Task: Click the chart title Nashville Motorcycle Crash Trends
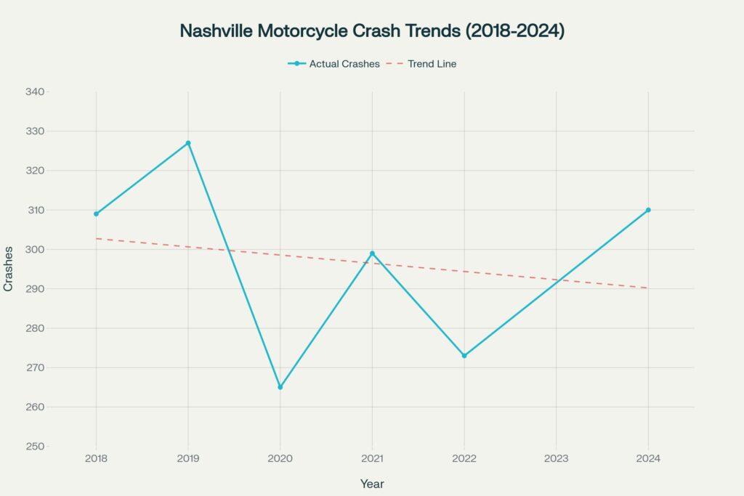click(371, 31)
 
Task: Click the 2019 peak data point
click(188, 143)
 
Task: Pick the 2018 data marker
click(96, 214)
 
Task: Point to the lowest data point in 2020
click(280, 387)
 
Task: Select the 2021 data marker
click(372, 253)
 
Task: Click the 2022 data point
click(464, 356)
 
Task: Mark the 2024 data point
click(648, 210)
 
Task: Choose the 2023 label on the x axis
click(556, 458)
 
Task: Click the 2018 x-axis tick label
click(96, 458)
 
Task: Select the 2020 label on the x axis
click(280, 458)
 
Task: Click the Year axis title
click(372, 484)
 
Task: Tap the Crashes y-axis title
click(9, 269)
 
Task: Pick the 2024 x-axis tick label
click(648, 458)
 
